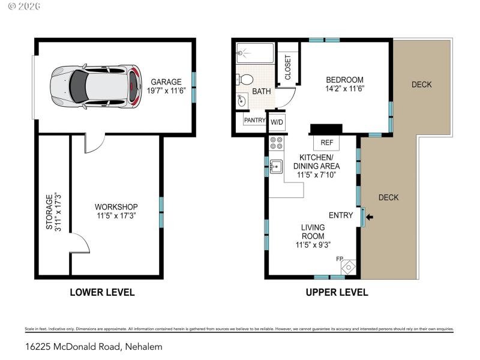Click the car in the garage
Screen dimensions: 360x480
pyautogui.click(x=96, y=87)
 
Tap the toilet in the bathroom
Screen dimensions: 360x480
pyautogui.click(x=245, y=79)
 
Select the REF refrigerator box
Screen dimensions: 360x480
pyautogui.click(x=327, y=143)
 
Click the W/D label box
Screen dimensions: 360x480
pyautogui.click(x=277, y=122)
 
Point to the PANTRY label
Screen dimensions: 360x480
pyautogui.click(x=254, y=120)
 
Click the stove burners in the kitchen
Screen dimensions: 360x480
pyautogui.click(x=277, y=143)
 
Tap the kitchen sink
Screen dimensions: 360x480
pyautogui.click(x=276, y=166)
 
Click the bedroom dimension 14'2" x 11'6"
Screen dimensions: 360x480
pyautogui.click(x=344, y=88)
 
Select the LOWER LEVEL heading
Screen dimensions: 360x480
pyautogui.click(x=102, y=293)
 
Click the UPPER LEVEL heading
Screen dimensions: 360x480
pyautogui.click(x=337, y=293)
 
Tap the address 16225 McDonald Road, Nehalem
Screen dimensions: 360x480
pyautogui.click(x=94, y=346)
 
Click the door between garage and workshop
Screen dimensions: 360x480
pyautogui.click(x=94, y=142)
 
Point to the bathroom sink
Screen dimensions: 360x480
pyautogui.click(x=242, y=100)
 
